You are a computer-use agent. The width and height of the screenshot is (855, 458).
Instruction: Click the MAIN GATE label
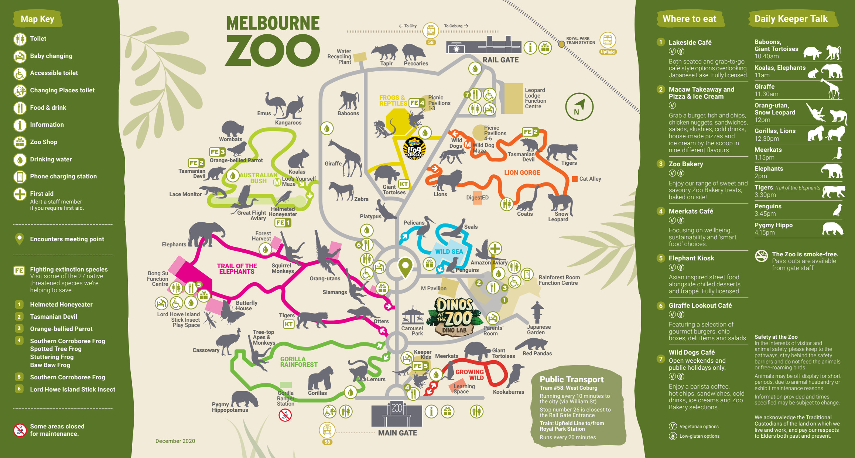click(x=397, y=433)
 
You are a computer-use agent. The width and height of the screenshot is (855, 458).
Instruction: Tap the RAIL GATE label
click(x=500, y=60)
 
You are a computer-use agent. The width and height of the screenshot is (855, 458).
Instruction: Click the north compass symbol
click(x=579, y=107)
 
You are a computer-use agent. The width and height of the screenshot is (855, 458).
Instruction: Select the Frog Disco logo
click(x=414, y=148)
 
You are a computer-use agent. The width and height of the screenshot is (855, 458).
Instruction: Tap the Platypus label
click(x=370, y=216)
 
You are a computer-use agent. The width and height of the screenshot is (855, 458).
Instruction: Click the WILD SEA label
click(x=449, y=252)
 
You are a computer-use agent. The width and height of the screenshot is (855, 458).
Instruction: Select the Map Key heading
click(x=37, y=19)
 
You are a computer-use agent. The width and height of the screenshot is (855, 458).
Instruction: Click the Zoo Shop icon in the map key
click(x=20, y=142)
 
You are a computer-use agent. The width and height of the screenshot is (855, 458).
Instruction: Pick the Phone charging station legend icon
click(x=20, y=177)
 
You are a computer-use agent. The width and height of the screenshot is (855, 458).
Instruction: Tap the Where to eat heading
click(x=689, y=19)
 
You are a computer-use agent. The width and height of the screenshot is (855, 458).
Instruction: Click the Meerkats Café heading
click(x=691, y=211)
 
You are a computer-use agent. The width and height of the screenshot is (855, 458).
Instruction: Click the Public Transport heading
click(x=571, y=379)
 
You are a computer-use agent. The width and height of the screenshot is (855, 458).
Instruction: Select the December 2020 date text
click(x=175, y=441)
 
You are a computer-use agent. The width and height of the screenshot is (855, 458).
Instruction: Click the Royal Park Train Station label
click(x=581, y=41)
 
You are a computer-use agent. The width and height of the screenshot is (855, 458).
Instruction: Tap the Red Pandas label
click(x=537, y=353)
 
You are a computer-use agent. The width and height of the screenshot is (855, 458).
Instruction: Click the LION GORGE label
click(x=522, y=172)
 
